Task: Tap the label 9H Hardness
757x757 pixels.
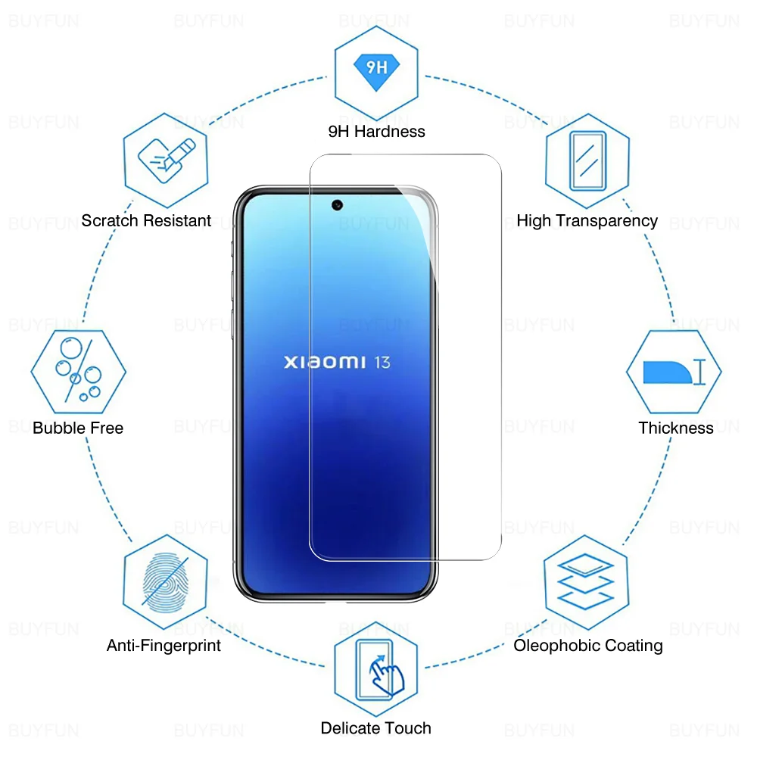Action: (376, 132)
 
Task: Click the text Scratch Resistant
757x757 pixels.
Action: (146, 221)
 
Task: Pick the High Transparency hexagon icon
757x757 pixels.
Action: (587, 160)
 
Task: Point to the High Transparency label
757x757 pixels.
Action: (587, 221)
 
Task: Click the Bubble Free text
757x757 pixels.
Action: (78, 428)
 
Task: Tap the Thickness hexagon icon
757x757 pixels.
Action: (674, 372)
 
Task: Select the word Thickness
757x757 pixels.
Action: (676, 428)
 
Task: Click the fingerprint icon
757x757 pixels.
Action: (165, 581)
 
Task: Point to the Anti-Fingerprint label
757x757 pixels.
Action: (164, 646)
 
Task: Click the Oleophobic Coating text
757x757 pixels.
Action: (588, 646)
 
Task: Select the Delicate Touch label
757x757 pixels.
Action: (376, 728)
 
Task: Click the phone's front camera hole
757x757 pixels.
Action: (335, 204)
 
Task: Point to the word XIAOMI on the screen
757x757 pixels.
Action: (325, 363)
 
